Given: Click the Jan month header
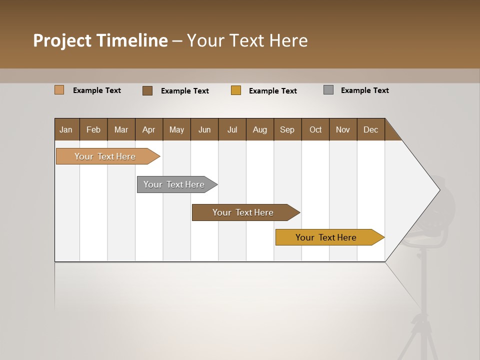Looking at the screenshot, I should pos(66,129).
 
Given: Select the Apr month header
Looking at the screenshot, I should pos(149,129).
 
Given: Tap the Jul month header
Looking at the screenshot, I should pos(232,129).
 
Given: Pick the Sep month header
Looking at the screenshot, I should pos(287,129).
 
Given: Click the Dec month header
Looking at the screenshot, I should pos(370,129).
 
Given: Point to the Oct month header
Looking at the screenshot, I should pos(315,129).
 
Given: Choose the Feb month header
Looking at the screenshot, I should pos(93,129).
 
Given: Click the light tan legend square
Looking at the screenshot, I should pos(59,90).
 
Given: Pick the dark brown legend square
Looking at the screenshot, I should pos(147,90).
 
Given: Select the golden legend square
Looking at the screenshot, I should pos(236,90).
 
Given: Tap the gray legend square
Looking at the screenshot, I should pos(328,90).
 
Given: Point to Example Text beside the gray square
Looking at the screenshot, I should pos(364,90).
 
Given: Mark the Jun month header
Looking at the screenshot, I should pos(204,129).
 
